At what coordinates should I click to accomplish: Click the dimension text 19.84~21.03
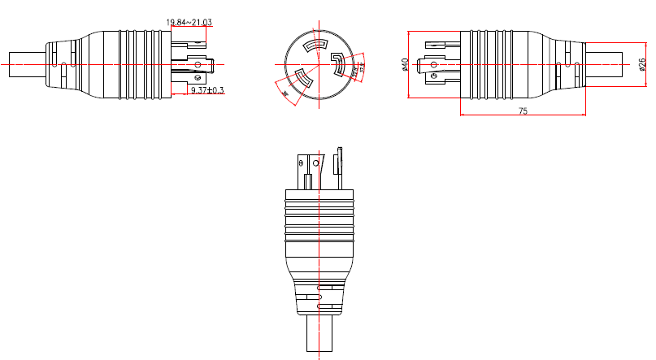[x=189, y=22]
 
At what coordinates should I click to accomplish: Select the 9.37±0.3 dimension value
[x=207, y=90]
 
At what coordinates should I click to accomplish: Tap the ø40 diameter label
[x=405, y=64]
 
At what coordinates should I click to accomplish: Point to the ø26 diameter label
[x=642, y=64]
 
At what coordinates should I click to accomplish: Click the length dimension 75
[x=522, y=111]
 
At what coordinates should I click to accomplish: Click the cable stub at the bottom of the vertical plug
[x=319, y=334]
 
